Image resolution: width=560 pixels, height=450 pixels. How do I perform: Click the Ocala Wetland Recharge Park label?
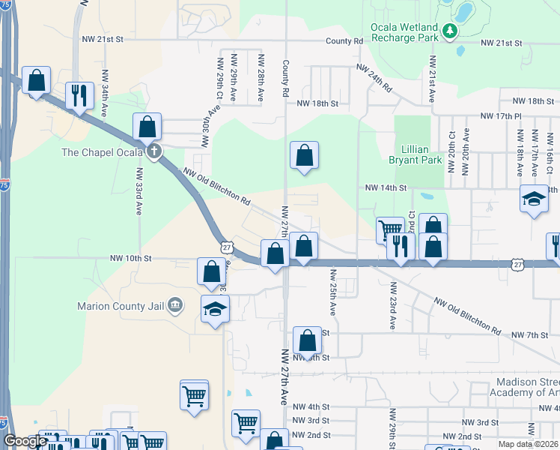pyautogui.click(x=404, y=32)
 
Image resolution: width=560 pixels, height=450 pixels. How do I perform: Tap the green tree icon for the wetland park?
pyautogui.click(x=449, y=31)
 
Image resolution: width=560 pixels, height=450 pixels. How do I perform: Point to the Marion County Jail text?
pyautogui.click(x=121, y=305)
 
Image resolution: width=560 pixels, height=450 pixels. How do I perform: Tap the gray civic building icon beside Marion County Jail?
pyautogui.click(x=174, y=304)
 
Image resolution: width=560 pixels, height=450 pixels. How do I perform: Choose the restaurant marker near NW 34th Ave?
pyautogui.click(x=79, y=95)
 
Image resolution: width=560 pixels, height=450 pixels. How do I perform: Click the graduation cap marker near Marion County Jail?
pyautogui.click(x=215, y=309)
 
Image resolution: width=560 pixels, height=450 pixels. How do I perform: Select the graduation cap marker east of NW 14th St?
pyautogui.click(x=534, y=199)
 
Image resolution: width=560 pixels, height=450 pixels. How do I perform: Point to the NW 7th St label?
pyautogui.click(x=529, y=334)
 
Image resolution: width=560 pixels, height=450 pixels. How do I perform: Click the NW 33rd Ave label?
pyautogui.click(x=139, y=190)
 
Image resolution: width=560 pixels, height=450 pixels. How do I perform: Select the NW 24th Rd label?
pyautogui.click(x=374, y=78)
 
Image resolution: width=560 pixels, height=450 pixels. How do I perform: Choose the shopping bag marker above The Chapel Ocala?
pyautogui.click(x=147, y=127)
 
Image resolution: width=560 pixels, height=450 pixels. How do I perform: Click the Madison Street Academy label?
pyautogui.click(x=523, y=387)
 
